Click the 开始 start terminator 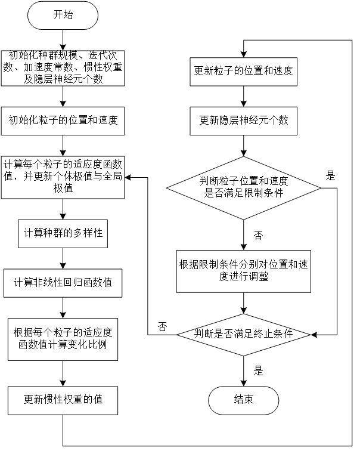63,16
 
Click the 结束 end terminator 243,400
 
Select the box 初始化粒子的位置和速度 63,121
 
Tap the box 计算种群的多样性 63,233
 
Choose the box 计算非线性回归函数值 63,283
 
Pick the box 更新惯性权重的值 63,400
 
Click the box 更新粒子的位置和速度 243,71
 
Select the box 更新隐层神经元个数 243,121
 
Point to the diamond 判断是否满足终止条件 243,334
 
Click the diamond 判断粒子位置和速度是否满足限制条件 243,187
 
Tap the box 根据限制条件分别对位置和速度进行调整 243,271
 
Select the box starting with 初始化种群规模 63,68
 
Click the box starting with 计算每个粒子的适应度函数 63,176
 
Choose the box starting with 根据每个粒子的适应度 63,339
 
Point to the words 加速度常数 44,67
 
